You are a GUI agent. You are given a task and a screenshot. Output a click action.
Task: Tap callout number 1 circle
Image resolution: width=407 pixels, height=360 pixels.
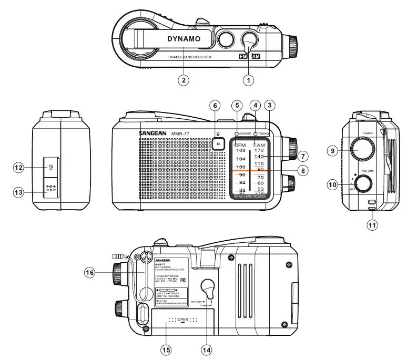click(x=248, y=80)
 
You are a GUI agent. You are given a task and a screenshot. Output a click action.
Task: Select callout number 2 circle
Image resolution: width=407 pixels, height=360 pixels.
click(x=182, y=80)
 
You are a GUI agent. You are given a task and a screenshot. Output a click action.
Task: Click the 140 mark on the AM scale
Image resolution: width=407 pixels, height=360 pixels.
click(x=259, y=157)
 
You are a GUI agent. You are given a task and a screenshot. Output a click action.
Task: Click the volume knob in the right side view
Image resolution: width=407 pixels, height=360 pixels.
click(x=363, y=183)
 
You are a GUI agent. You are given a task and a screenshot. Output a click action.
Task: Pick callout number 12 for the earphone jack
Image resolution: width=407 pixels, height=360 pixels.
click(x=19, y=168)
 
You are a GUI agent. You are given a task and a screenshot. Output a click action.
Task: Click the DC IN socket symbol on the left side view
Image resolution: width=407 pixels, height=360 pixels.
click(x=51, y=187)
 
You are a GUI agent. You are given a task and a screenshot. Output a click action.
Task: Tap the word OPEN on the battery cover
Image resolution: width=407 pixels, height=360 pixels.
click(x=182, y=320)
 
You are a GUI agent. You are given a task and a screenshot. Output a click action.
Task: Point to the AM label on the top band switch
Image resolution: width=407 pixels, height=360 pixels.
click(x=256, y=55)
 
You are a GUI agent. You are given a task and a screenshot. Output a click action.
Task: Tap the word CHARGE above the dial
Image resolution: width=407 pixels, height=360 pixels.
click(x=246, y=134)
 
